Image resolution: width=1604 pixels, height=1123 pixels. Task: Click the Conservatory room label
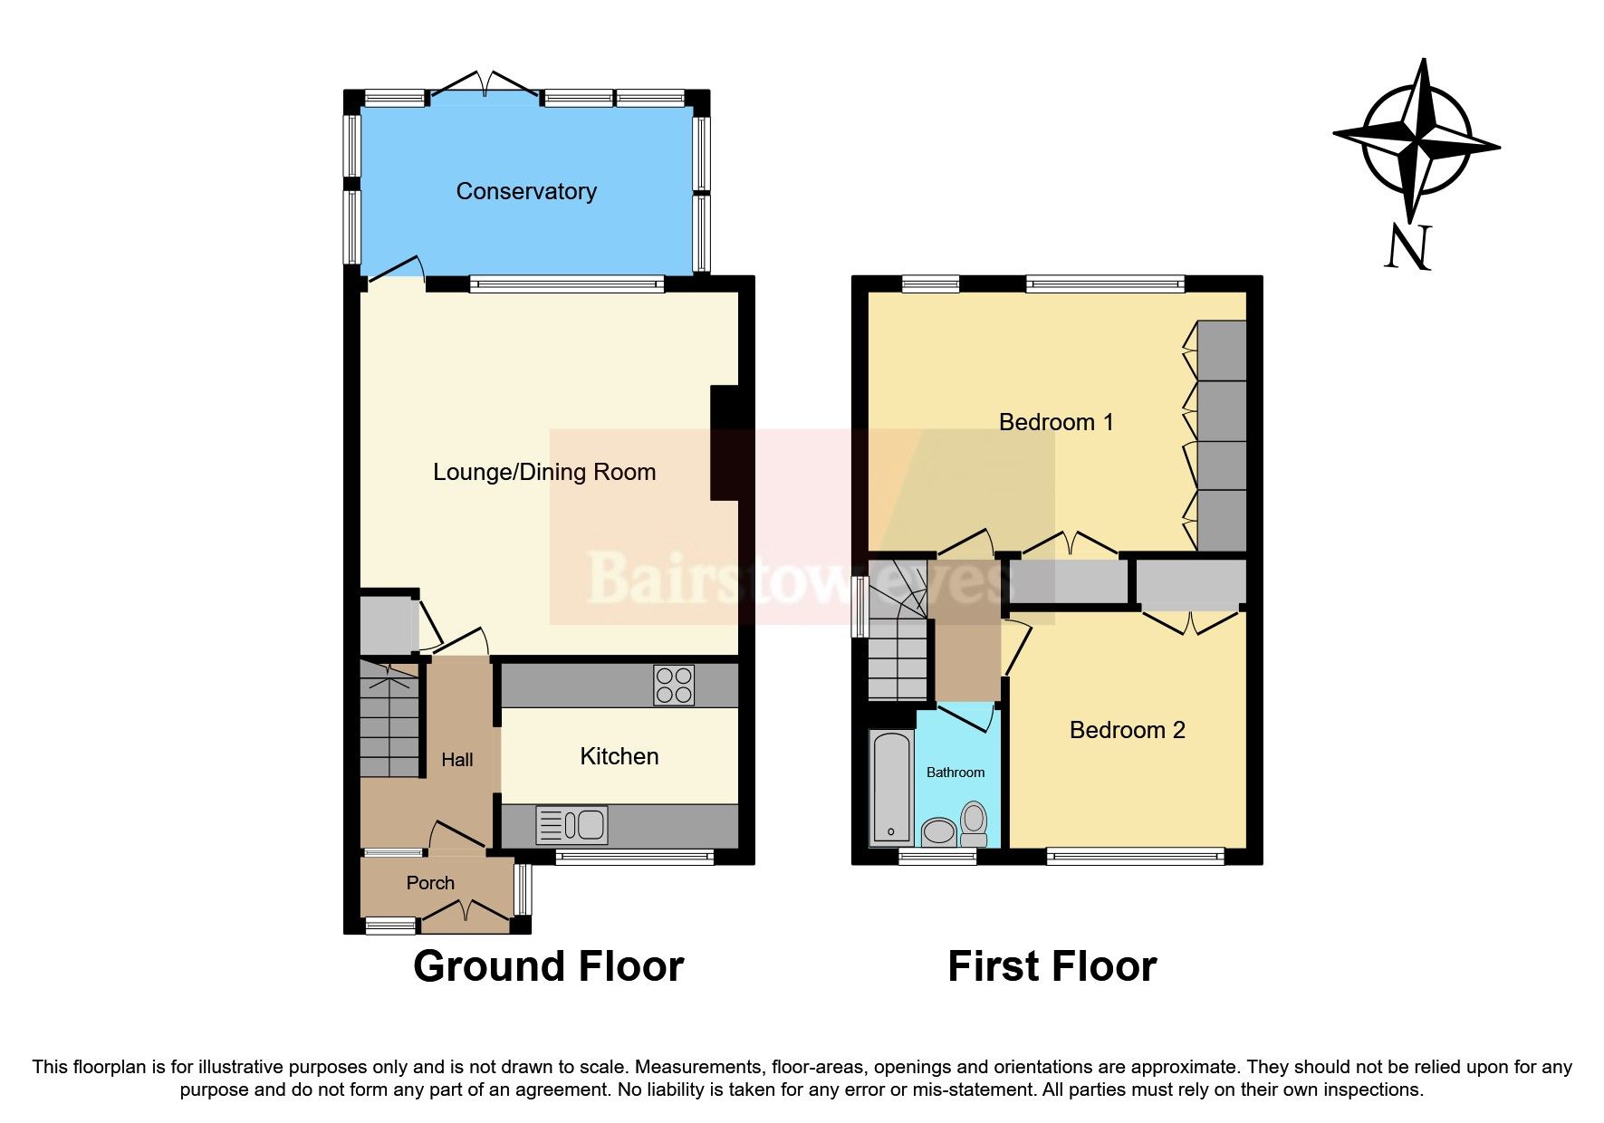point(526,191)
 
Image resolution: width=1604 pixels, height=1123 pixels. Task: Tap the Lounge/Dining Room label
point(543,472)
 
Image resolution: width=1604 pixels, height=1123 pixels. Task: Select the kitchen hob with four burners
point(674,685)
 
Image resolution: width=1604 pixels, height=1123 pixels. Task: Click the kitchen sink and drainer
point(571,825)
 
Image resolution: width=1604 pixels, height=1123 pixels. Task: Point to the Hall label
point(456,760)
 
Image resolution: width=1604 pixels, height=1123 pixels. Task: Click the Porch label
point(430,883)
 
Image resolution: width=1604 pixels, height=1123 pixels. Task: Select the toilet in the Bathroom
point(974,822)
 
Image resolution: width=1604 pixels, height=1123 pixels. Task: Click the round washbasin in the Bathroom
point(939,831)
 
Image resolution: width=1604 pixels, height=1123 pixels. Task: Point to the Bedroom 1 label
point(1055,422)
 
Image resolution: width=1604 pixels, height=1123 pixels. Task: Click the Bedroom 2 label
point(1127,730)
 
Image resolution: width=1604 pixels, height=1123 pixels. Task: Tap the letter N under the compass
point(1407,247)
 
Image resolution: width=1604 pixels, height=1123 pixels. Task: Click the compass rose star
point(1416,140)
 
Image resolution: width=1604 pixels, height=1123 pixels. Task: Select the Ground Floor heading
point(548,966)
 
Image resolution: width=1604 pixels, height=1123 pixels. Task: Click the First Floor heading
point(1052,966)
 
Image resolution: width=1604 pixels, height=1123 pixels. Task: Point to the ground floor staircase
point(389,720)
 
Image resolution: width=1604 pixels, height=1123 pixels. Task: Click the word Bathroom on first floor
point(955,773)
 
